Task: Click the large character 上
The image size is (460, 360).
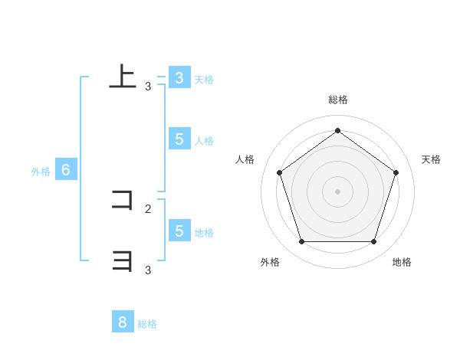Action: (x=123, y=76)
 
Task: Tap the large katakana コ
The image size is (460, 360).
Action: (x=123, y=201)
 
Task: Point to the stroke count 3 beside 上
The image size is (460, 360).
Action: (x=148, y=87)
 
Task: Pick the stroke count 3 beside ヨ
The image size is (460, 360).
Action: (x=148, y=270)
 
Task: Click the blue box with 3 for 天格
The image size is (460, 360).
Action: (x=179, y=78)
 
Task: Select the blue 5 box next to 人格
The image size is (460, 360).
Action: (x=179, y=139)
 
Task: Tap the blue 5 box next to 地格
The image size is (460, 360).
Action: (x=179, y=231)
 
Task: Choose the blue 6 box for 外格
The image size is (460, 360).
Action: (x=66, y=170)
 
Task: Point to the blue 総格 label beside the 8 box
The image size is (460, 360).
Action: (x=147, y=324)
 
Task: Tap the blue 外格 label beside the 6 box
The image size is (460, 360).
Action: (x=41, y=172)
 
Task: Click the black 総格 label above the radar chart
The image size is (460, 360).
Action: (x=338, y=100)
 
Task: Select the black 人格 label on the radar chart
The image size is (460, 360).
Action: (x=245, y=159)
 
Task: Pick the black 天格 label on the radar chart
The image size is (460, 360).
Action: (x=432, y=159)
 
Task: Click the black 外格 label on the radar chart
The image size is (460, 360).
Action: (x=269, y=262)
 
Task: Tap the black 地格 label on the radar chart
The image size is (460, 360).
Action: (x=402, y=262)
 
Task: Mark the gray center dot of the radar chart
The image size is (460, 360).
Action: (x=337, y=191)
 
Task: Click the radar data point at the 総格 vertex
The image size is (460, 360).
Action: (x=337, y=130)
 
